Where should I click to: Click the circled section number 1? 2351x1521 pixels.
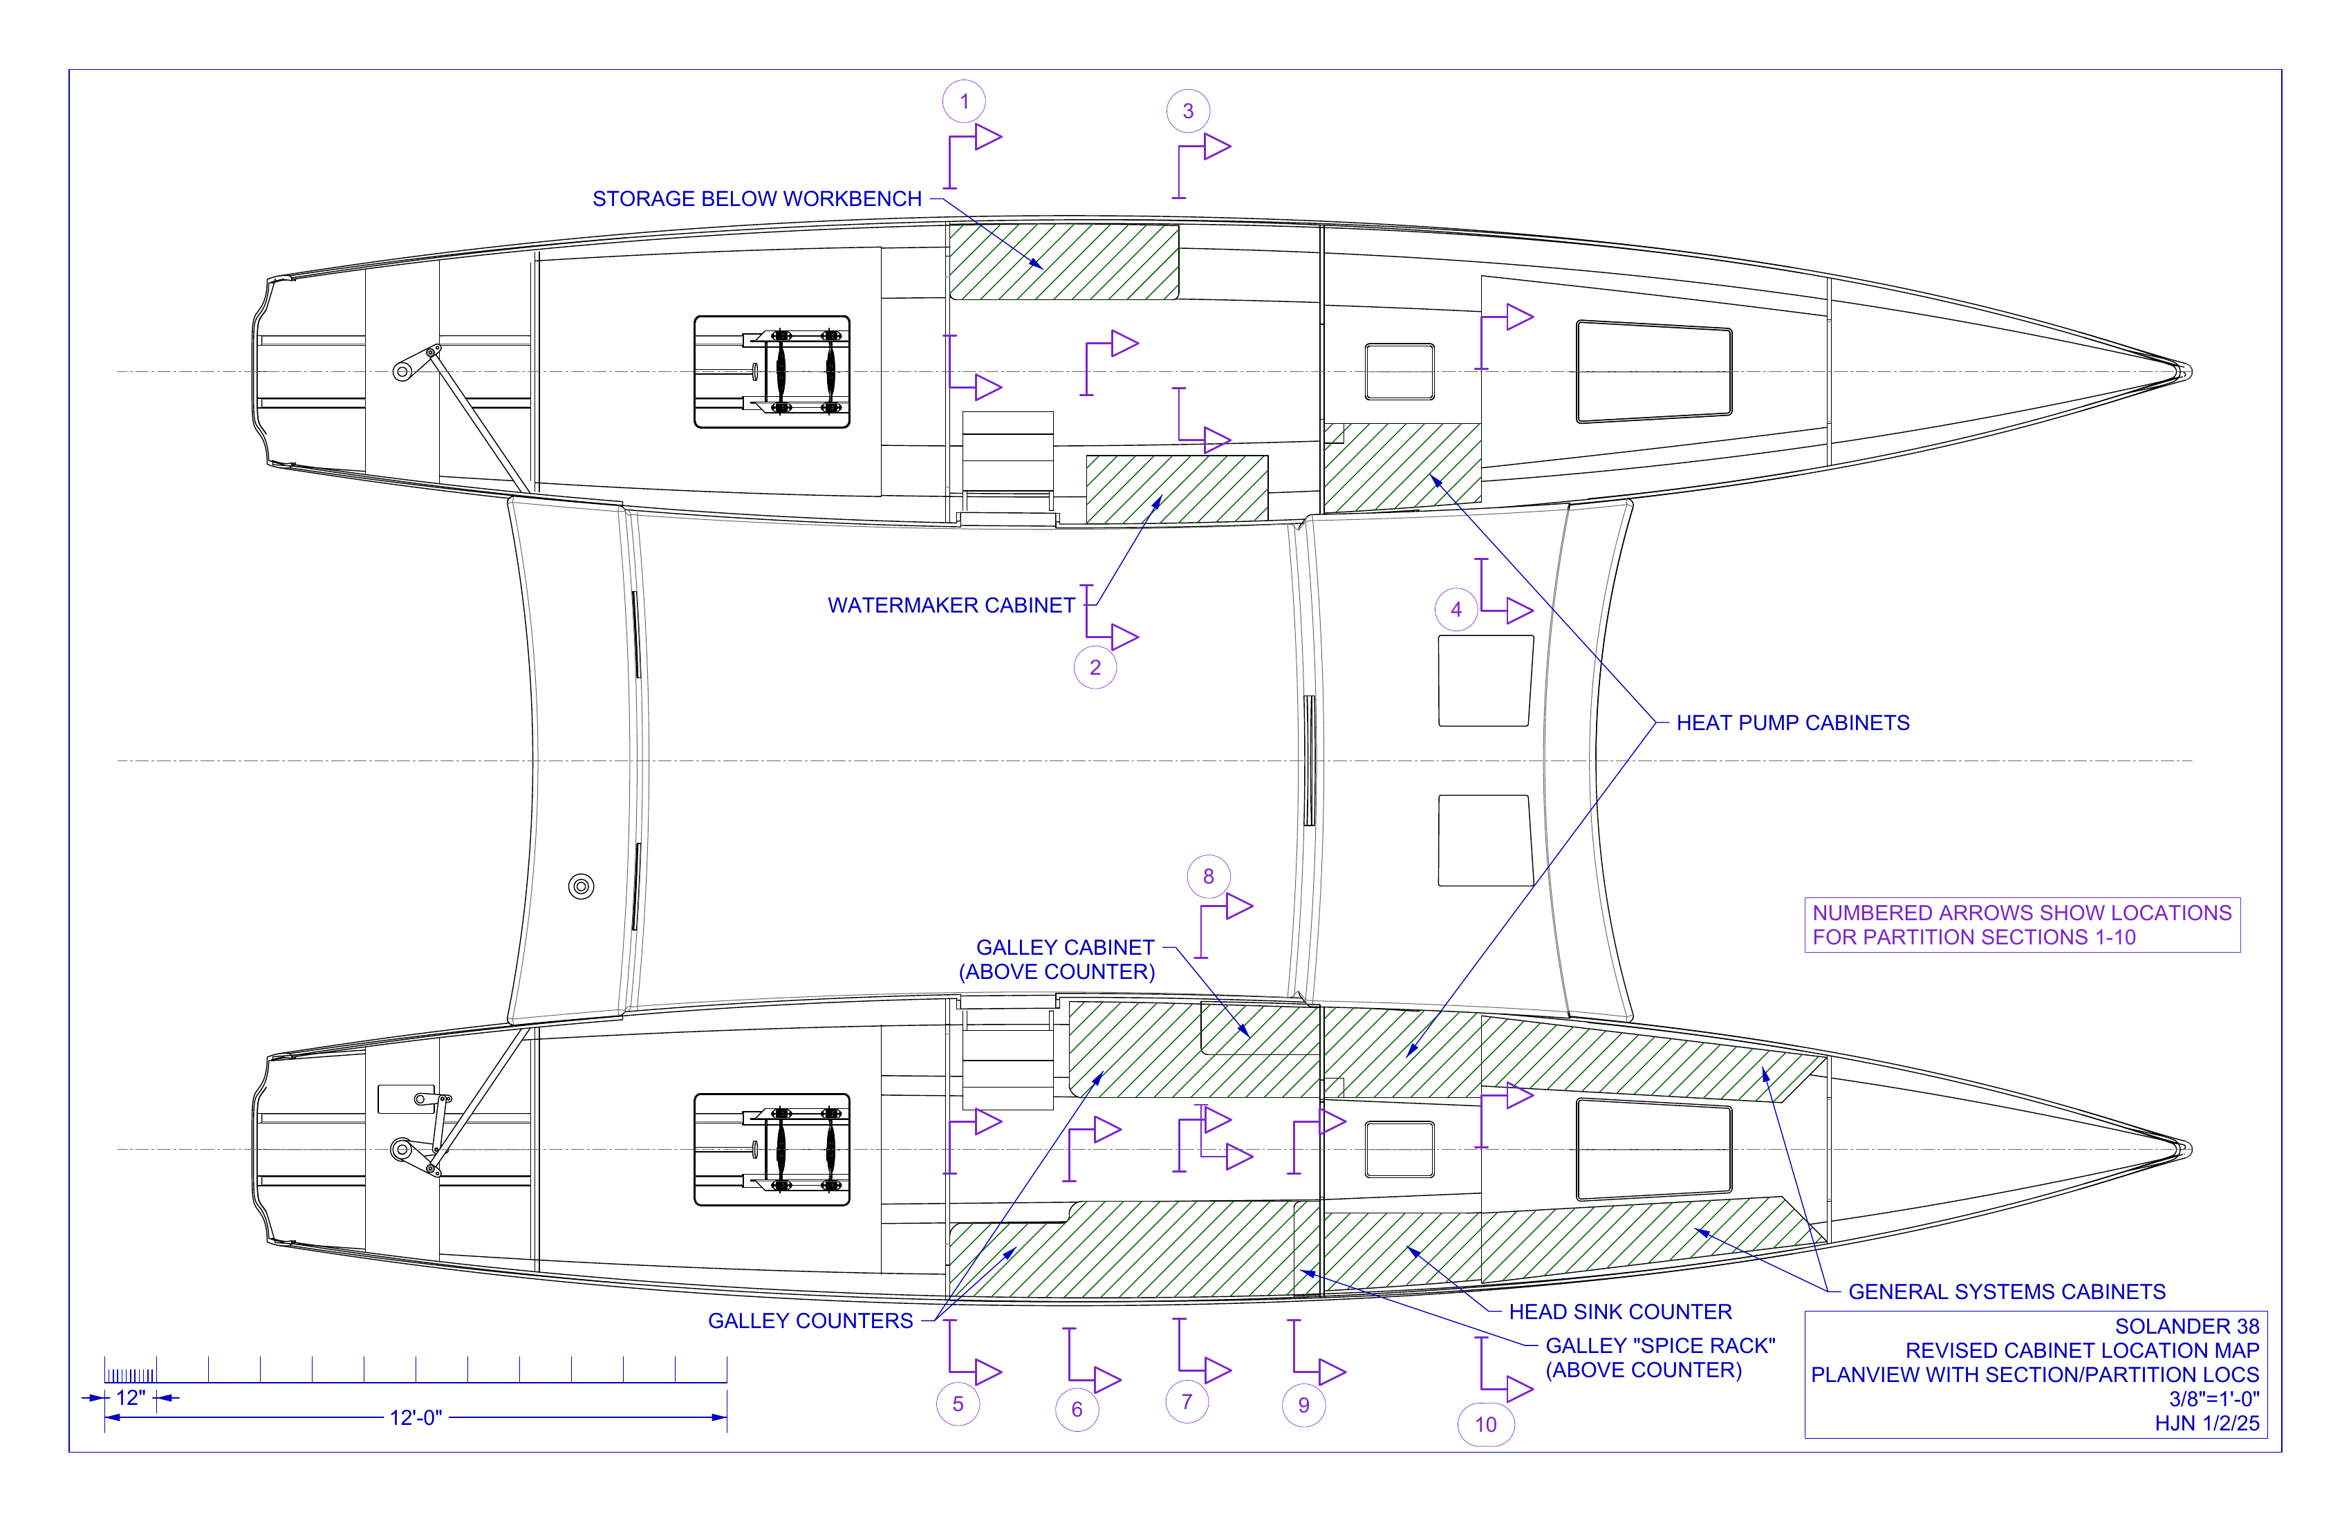click(964, 101)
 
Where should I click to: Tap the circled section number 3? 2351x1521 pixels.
click(1189, 111)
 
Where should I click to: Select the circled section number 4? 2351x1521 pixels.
click(1456, 609)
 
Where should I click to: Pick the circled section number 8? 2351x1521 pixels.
click(1208, 876)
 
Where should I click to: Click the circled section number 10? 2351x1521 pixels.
click(1486, 1424)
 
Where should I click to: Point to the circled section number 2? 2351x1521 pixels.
click(1095, 666)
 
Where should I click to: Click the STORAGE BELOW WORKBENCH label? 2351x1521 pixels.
click(756, 198)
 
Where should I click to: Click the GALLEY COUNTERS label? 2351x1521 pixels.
click(810, 1321)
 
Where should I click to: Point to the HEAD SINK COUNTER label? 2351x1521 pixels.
click(1620, 1312)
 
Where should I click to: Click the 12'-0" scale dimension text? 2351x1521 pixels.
click(416, 1417)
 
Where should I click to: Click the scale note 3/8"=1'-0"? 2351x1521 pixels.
click(2213, 1399)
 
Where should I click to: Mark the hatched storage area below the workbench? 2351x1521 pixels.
click(1064, 262)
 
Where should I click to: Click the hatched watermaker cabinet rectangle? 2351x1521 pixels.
click(1176, 489)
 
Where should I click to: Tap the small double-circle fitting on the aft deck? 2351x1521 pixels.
click(582, 886)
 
